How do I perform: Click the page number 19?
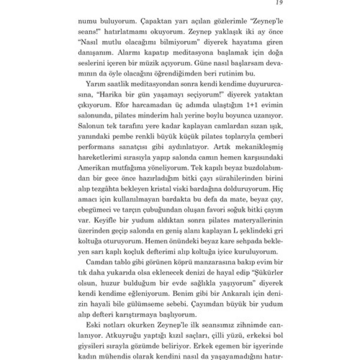tap(279, 3)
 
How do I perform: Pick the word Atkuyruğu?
tap(124, 335)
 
